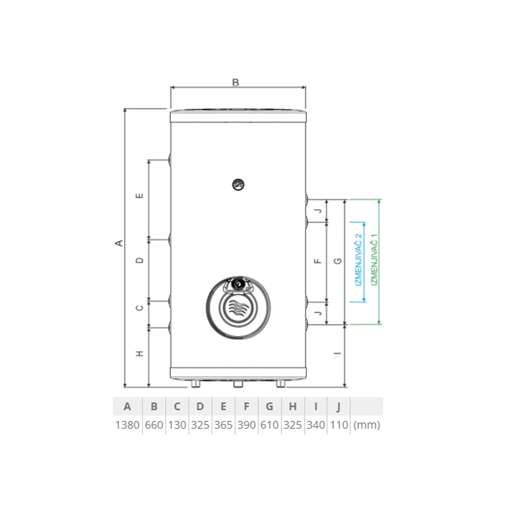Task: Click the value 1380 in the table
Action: pyautogui.click(x=127, y=425)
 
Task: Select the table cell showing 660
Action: pyautogui.click(x=154, y=425)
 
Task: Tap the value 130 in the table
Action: pyautogui.click(x=177, y=425)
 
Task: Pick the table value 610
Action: pyautogui.click(x=269, y=425)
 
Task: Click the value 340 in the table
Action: pyautogui.click(x=315, y=425)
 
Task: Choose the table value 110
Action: pyautogui.click(x=339, y=425)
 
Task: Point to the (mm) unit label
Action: pyautogui.click(x=367, y=425)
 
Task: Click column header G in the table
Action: pyautogui.click(x=269, y=406)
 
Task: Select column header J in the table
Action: pyautogui.click(x=339, y=407)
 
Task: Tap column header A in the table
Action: pyautogui.click(x=127, y=406)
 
